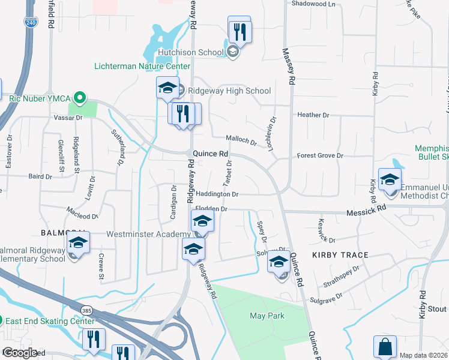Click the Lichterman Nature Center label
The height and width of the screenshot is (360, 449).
[142, 66]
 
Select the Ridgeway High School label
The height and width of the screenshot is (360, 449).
[229, 91]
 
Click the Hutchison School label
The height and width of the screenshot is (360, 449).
[190, 52]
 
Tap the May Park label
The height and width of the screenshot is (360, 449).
[267, 315]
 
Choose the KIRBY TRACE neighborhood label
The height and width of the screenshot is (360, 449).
[340, 255]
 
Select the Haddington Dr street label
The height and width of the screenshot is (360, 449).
[218, 194]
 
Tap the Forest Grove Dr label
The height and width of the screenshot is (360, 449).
[320, 155]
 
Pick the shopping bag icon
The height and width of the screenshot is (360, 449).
[385, 346]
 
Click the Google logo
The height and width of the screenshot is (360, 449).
[20, 353]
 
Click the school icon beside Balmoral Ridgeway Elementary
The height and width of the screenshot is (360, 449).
[77, 243]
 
